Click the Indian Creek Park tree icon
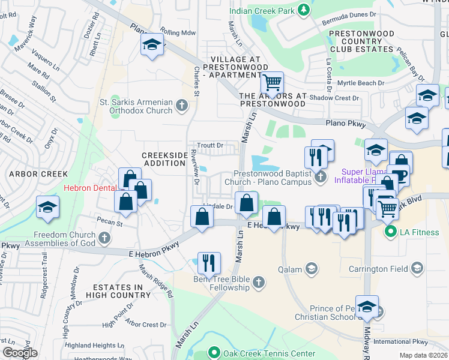[304, 9]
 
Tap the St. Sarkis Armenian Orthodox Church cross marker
[182, 107]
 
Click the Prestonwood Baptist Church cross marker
[321, 176]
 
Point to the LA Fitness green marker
[390, 232]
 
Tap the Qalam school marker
[311, 269]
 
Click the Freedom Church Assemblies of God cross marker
[104, 238]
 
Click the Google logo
[20, 353]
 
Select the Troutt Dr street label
[210, 145]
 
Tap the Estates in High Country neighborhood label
[118, 291]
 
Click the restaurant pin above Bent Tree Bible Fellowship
[208, 262]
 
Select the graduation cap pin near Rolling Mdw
[152, 44]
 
